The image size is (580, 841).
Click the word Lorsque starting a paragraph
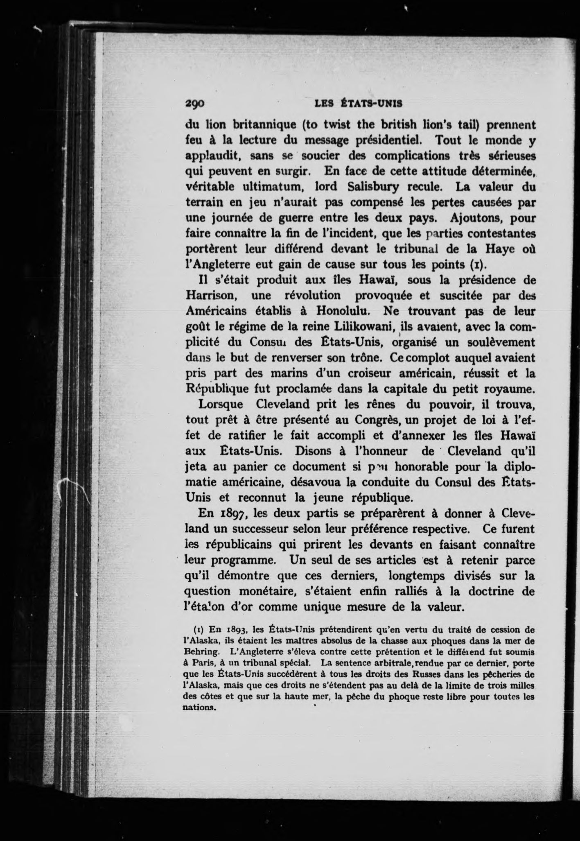tap(221, 405)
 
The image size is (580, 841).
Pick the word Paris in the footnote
tap(201, 662)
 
